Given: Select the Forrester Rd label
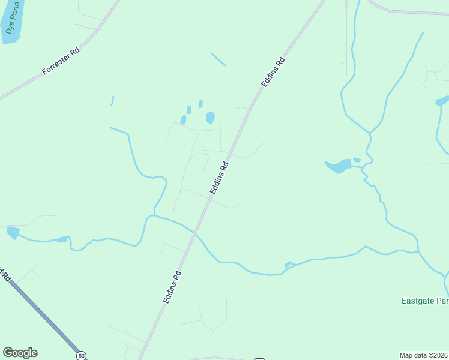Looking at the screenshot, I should [61, 61].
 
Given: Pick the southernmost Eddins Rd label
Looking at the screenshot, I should [172, 286].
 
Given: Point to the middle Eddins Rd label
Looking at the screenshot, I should [219, 178].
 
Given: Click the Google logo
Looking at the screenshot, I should [20, 353].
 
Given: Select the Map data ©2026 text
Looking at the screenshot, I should [424, 355].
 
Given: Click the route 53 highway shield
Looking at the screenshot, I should [81, 355].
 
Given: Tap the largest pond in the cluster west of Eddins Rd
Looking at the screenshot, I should [210, 118].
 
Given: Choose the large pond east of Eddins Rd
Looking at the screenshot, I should [339, 166].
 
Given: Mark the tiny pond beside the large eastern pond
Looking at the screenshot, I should [357, 160].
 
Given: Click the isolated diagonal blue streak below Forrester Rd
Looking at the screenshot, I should [218, 60].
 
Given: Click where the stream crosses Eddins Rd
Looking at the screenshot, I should [196, 232].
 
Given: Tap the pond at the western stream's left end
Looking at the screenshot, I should [13, 232].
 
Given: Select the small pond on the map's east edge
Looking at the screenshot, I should [442, 101].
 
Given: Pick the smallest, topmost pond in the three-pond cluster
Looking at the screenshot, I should [200, 104].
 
